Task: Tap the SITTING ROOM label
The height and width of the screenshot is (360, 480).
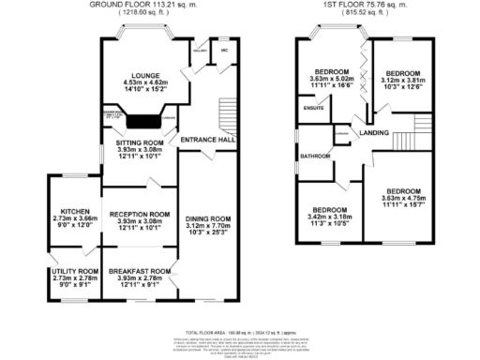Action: (x=140, y=142)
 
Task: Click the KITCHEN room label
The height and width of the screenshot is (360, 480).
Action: (x=74, y=211)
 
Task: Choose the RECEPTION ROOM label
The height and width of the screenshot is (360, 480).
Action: (x=140, y=214)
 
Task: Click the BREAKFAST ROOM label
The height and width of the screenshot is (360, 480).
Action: (x=140, y=271)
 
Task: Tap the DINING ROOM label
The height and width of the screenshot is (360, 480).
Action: (x=205, y=215)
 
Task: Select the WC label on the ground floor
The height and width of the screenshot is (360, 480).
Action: (x=225, y=51)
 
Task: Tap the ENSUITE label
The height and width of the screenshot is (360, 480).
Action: (x=313, y=108)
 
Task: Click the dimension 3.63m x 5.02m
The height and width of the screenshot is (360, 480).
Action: (x=332, y=79)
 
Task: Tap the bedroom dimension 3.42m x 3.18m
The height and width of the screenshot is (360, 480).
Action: (x=329, y=216)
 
